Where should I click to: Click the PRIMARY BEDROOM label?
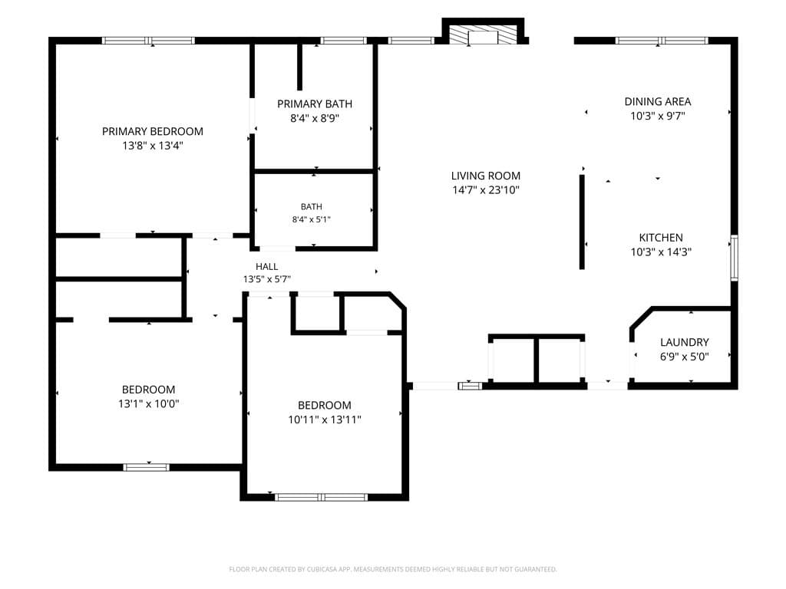coord(153,131)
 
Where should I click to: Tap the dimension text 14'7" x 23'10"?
coord(485,190)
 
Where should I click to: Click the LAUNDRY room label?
coord(684,342)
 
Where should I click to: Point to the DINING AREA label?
coord(658,102)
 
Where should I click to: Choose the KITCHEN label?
coord(661,238)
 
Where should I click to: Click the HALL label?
coord(266,266)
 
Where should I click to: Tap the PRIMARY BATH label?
coord(315,104)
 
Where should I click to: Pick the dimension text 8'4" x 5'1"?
coord(312,219)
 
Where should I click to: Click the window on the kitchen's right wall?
coord(734,258)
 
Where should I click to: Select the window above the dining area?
coord(661,41)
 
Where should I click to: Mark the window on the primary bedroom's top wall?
coord(148,41)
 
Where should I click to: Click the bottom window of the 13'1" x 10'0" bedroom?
coord(147,467)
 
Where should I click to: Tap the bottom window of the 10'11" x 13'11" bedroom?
coord(322,497)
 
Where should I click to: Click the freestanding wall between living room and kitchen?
coord(582,222)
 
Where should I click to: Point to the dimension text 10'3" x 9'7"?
coord(658,117)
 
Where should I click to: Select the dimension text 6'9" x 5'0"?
coord(684,357)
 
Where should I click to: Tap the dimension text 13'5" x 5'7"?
coord(266,279)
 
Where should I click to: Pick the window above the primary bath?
coord(343,41)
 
